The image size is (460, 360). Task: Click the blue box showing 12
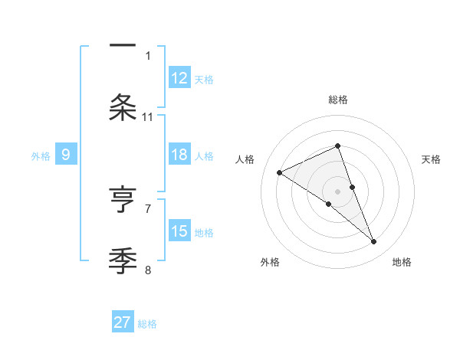coord(179,78)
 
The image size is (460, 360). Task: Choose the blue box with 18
coord(179,155)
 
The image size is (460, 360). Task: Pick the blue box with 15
coord(179,231)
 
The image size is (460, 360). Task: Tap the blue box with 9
coord(66,155)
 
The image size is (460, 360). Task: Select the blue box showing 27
coord(123,322)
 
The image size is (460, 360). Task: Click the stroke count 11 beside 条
coord(148,116)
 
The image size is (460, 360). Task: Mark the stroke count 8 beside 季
coord(148,270)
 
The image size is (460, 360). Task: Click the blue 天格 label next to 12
coord(204,79)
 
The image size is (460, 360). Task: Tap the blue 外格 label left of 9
coord(41,155)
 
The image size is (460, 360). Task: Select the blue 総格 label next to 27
coord(147,323)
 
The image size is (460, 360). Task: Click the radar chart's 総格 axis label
coord(337,100)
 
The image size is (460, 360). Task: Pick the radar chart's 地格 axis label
coord(402,262)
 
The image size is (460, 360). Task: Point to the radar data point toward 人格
coord(280,172)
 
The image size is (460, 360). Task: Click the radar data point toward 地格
coord(374,242)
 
